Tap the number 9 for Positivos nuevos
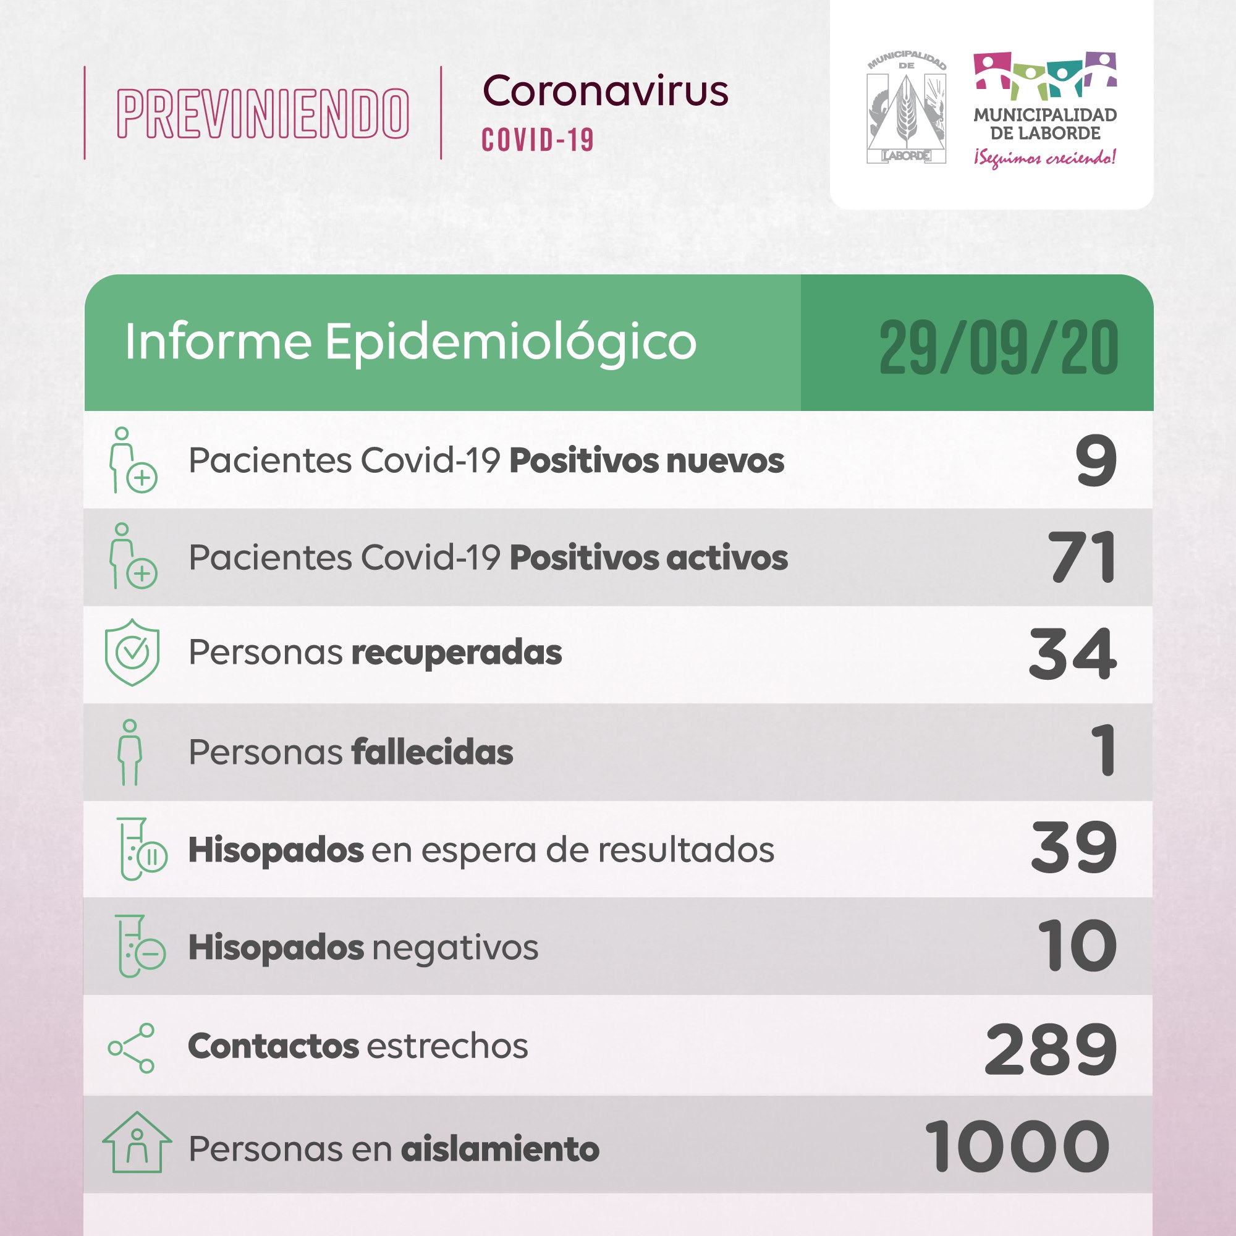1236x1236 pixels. [1095, 460]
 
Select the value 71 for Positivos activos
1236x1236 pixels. [1083, 557]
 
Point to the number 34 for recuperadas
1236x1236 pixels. [1072, 653]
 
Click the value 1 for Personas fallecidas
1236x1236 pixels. [1104, 750]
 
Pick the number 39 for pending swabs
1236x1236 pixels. [1073, 849]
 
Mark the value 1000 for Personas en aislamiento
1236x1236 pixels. [1017, 1146]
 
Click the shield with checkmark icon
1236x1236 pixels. [132, 653]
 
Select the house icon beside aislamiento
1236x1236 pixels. [137, 1143]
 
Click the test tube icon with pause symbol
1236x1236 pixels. [142, 849]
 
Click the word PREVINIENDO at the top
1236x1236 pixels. [263, 114]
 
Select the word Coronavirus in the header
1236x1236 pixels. [605, 91]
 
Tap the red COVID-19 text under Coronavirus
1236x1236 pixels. [538, 140]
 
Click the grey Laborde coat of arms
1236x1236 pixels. [906, 110]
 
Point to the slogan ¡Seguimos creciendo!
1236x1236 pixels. [1044, 158]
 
